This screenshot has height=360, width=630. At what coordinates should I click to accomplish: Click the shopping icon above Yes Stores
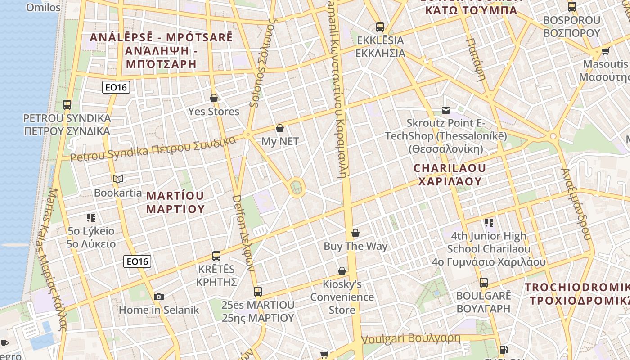[214, 98]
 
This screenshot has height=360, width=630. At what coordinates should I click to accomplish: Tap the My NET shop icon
[280, 128]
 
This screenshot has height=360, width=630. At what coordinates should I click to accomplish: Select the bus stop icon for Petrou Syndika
[67, 105]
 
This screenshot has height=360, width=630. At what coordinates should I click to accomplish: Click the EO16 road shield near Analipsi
[116, 87]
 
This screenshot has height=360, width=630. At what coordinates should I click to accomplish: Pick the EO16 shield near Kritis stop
[137, 261]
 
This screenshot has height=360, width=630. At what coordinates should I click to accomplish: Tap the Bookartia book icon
[118, 180]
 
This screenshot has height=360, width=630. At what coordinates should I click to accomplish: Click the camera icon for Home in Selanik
[158, 297]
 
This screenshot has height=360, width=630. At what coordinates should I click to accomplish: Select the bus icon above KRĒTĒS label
[216, 256]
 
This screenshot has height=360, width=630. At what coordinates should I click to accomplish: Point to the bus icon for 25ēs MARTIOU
[257, 292]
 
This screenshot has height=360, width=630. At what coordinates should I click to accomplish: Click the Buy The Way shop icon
[355, 233]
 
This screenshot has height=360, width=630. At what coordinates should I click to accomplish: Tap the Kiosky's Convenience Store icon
[342, 271]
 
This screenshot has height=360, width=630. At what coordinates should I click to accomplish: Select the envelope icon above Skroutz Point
[446, 110]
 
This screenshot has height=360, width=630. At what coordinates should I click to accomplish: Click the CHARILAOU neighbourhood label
[450, 175]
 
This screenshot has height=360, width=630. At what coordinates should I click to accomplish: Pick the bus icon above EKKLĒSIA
[380, 27]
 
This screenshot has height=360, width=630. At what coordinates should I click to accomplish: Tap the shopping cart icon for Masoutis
[605, 51]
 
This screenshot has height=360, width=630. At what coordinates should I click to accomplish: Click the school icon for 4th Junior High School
[489, 222]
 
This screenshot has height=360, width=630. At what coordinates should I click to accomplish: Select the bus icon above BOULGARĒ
[484, 283]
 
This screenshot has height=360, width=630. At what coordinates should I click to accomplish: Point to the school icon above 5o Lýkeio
[91, 218]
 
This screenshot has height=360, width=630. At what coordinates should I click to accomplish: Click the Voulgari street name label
[411, 338]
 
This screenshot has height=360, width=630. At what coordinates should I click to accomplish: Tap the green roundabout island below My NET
[296, 188]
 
